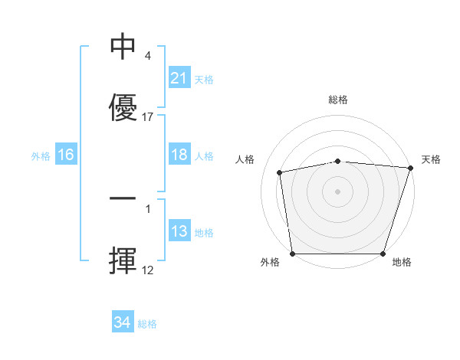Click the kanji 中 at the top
123,47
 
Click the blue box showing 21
179,78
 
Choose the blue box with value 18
179,155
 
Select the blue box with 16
66,155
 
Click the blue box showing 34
122,323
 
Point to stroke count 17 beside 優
148,117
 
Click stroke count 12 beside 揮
148,270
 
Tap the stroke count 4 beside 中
148,56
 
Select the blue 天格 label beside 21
204,79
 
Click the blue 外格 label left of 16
41,155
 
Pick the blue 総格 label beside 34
147,324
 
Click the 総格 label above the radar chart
338,100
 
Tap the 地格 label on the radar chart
402,262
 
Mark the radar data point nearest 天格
410,168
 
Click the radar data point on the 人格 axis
281,172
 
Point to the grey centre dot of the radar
338,191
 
